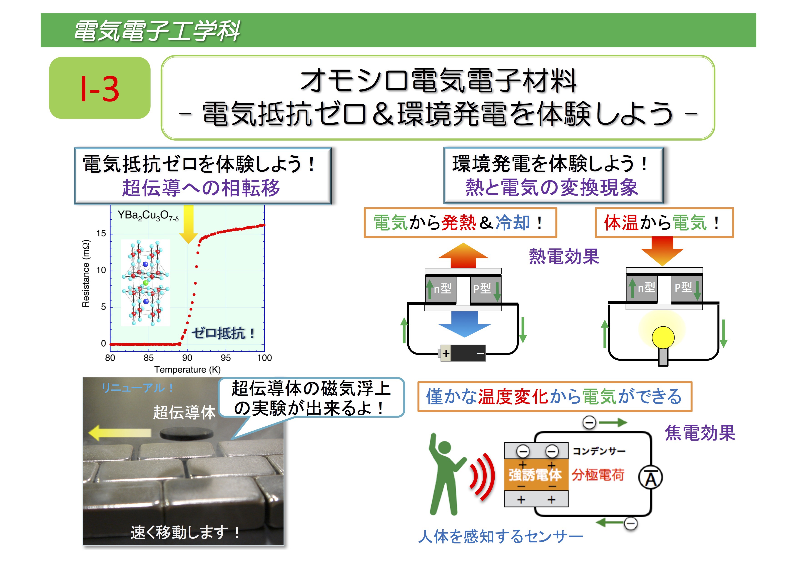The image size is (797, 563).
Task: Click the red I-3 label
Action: [x=100, y=89]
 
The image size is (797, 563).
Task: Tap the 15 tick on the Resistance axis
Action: [x=101, y=233]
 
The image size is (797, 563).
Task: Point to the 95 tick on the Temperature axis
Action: [x=226, y=358]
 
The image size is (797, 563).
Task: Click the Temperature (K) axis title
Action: [x=187, y=370]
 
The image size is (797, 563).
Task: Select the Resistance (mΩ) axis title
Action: [x=86, y=274]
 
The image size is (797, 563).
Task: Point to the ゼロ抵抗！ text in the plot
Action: [x=223, y=333]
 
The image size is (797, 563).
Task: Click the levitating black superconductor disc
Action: [x=186, y=433]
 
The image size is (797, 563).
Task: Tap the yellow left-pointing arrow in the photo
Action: [x=120, y=433]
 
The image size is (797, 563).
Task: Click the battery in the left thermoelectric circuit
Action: [x=462, y=353]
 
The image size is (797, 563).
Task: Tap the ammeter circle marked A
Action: [x=650, y=478]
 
